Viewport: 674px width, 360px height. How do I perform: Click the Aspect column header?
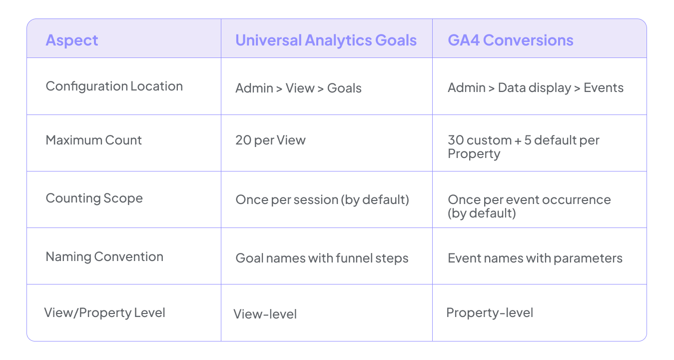[72, 40]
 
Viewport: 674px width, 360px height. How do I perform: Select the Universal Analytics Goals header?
[326, 40]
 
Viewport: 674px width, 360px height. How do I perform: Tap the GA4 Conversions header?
[510, 40]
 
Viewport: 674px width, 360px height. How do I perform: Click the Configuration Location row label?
[114, 86]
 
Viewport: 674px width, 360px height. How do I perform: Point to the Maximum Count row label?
[93, 140]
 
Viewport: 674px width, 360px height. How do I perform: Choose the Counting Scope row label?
[94, 198]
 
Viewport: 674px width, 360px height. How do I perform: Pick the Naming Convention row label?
[104, 256]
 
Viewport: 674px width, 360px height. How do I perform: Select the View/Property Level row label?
[104, 313]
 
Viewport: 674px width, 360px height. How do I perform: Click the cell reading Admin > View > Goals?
[298, 88]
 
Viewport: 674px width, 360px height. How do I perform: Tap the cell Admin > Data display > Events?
[535, 87]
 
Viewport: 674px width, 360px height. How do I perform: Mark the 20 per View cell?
[270, 140]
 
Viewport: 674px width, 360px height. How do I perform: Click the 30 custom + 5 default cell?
[523, 146]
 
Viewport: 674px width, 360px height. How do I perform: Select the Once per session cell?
[322, 199]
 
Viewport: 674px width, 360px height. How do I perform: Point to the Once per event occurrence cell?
[529, 205]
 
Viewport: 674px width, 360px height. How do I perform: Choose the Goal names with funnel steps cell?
[322, 258]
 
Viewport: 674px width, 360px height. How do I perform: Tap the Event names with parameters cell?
[535, 258]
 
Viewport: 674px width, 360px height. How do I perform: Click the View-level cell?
[265, 314]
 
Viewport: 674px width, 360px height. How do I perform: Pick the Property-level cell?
[490, 313]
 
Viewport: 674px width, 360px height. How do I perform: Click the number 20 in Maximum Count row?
[243, 140]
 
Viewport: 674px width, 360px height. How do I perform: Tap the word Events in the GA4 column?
[604, 87]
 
